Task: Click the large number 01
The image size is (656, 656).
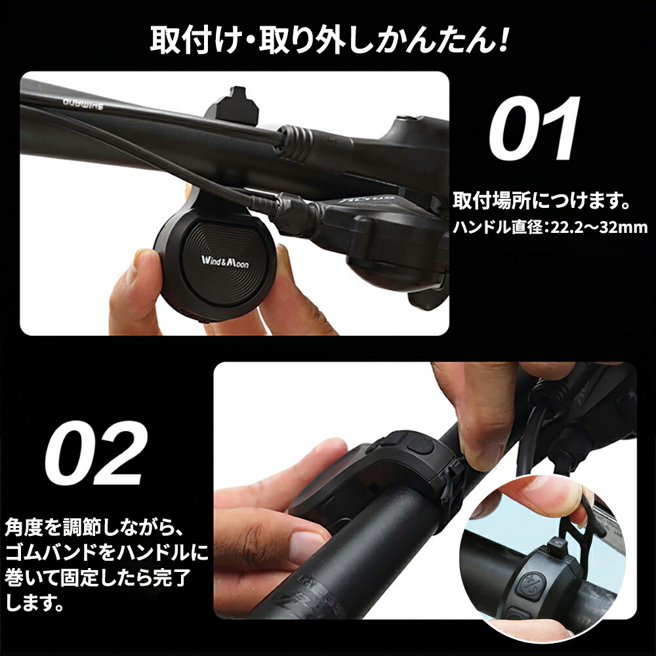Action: (x=534, y=130)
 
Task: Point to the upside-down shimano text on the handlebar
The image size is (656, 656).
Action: (x=77, y=102)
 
